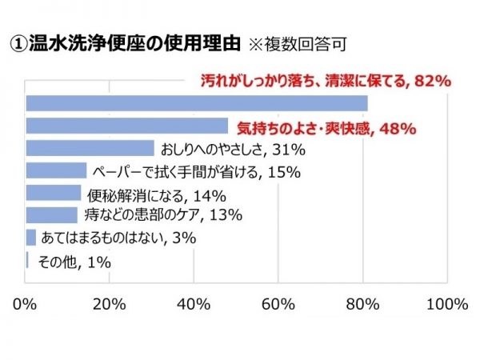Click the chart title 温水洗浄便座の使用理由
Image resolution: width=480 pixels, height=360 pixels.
tap(125, 42)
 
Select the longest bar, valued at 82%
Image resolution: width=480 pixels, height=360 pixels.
tap(197, 103)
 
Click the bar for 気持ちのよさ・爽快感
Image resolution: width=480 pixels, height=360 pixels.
tap(127, 126)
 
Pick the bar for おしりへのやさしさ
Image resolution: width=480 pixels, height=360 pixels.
tap(90, 148)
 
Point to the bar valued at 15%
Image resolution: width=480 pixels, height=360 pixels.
tap(56, 170)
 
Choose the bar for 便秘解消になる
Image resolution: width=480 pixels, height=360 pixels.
tap(54, 193)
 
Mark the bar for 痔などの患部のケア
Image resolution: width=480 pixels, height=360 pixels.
tap(52, 214)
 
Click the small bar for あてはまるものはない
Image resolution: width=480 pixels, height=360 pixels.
tap(31, 237)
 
